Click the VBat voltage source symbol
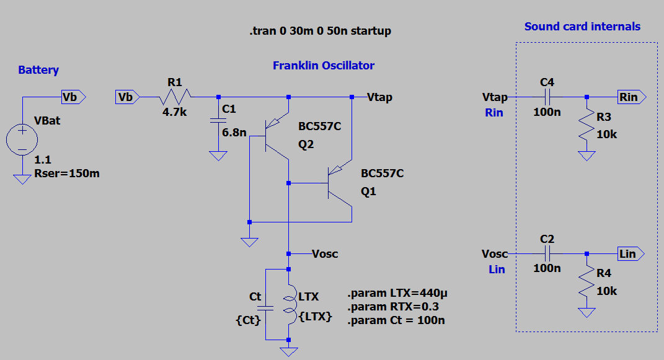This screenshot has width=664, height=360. [x=22, y=139]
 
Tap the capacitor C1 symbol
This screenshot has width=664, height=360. [x=218, y=122]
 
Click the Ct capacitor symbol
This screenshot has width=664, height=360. [x=265, y=306]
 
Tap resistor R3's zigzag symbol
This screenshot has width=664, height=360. [x=587, y=127]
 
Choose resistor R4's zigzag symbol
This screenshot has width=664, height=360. [x=587, y=283]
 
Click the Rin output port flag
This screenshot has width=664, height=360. [x=632, y=97]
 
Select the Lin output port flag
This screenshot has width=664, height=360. [x=631, y=253]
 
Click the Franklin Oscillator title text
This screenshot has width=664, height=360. [x=323, y=66]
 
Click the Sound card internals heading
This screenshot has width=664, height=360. [x=582, y=27]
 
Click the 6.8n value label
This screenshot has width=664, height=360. [x=235, y=132]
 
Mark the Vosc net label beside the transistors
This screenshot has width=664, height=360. [x=325, y=254]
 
